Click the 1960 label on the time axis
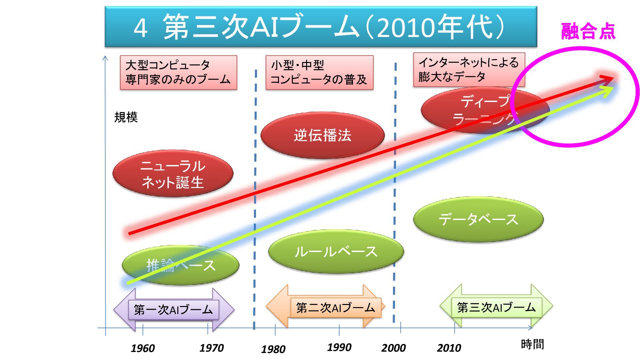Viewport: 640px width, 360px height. pos(143,348)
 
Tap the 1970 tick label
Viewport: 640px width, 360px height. pos(211,348)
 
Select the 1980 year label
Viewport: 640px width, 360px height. pos(273,349)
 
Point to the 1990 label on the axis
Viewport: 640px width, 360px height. pos(339,347)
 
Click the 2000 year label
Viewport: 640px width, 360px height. pos(393,348)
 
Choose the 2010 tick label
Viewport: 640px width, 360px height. pos(449,348)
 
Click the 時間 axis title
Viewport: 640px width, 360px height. pos(532,344)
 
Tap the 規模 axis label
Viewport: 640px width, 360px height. pos(126,117)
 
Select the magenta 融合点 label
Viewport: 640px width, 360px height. pos(588,32)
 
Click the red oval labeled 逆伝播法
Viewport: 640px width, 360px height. pos(322,135)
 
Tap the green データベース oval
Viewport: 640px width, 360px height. pos(478,219)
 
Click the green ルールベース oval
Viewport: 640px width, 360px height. pos(336,252)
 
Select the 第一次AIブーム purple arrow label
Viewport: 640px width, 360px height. pos(173,310)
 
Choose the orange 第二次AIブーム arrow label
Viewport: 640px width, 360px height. pos(335,308)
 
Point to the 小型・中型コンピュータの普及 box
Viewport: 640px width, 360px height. pos(319,73)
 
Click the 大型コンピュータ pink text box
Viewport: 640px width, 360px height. pos(178,73)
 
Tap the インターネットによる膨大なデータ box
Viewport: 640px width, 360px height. pos(469,70)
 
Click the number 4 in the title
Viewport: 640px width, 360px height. pos(140,28)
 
